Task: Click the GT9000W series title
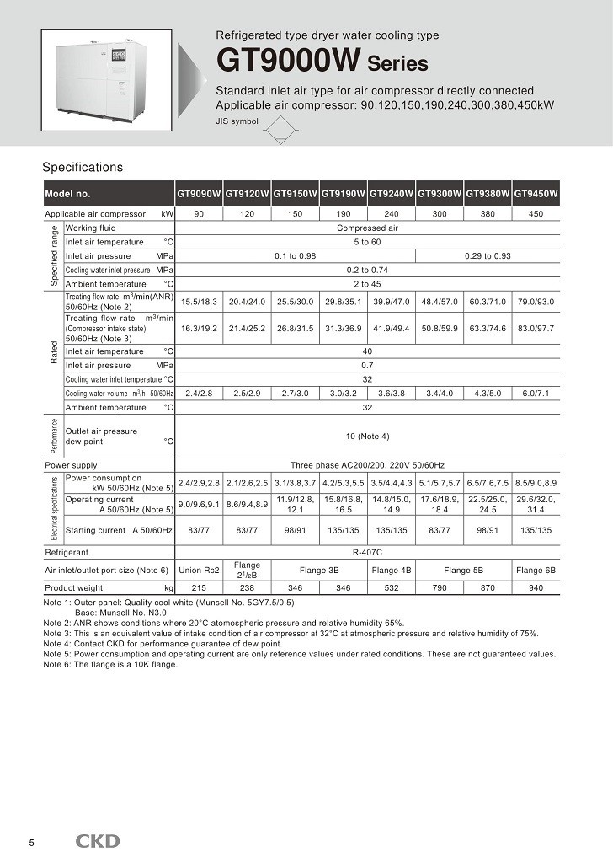coord(322,61)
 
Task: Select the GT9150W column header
coord(296,194)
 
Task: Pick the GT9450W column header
coord(536,194)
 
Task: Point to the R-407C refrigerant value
coord(367,553)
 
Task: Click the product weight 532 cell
coord(392,587)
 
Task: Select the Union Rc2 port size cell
coord(200,570)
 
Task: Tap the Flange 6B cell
coord(536,570)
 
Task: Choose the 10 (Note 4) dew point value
coord(367,436)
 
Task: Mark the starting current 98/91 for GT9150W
coord(296,530)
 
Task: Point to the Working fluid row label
coord(91,228)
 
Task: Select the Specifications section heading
coord(83,167)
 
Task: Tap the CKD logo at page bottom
coord(99,841)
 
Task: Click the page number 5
coord(31,843)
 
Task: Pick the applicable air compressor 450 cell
coord(536,214)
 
